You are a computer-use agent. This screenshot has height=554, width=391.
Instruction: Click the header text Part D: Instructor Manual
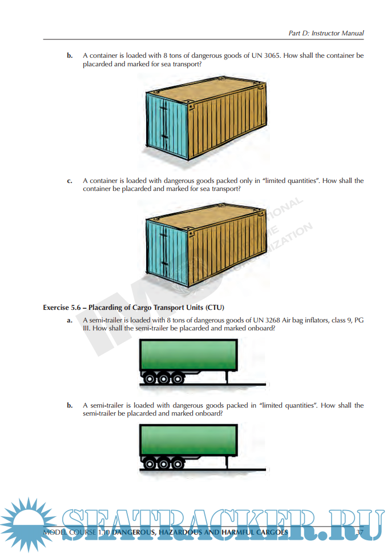tap(326, 33)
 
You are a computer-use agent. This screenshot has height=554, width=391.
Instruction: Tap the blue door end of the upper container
tap(167, 126)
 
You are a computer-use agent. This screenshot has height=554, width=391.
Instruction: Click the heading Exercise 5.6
tap(62, 308)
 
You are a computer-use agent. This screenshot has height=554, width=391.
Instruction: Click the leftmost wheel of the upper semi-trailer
tap(150, 379)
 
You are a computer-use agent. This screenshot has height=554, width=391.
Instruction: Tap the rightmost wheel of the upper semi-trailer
tap(178, 379)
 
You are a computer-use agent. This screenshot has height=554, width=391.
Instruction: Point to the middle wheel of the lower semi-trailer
tap(164, 464)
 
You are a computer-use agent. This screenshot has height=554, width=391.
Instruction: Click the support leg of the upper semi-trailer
tap(227, 378)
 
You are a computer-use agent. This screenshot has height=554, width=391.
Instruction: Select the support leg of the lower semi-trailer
tap(227, 463)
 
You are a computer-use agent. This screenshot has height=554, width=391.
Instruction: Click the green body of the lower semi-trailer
tap(188, 440)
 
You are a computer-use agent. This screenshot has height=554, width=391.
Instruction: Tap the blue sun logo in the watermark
tap(27, 524)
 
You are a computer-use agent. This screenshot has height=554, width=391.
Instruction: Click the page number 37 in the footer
tap(359, 532)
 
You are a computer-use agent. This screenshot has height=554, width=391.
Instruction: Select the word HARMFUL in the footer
tap(237, 532)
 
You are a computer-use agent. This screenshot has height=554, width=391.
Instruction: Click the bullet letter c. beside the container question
tap(70, 181)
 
